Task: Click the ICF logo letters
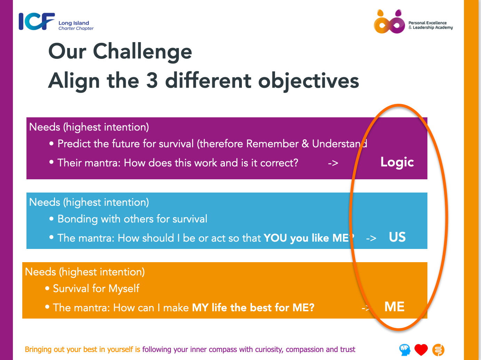tap(37, 21)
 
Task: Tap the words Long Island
tap(74, 23)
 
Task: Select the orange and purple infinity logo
tap(389, 22)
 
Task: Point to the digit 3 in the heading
tap(152, 80)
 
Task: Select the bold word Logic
tap(397, 163)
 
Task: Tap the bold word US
tap(397, 237)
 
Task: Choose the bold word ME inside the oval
tap(394, 306)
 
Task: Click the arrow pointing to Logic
tap(333, 163)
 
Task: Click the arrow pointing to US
tap(371, 238)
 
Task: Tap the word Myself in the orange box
tap(124, 289)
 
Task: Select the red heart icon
tap(421, 350)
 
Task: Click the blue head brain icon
tap(404, 350)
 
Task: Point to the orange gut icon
tap(438, 350)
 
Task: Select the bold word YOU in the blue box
tap(275, 238)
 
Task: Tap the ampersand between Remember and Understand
tap(305, 144)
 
